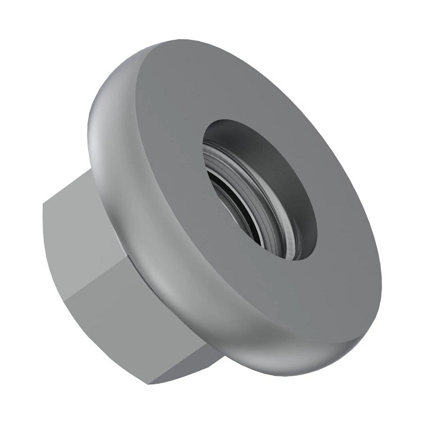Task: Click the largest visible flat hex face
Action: [x=140, y=325]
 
